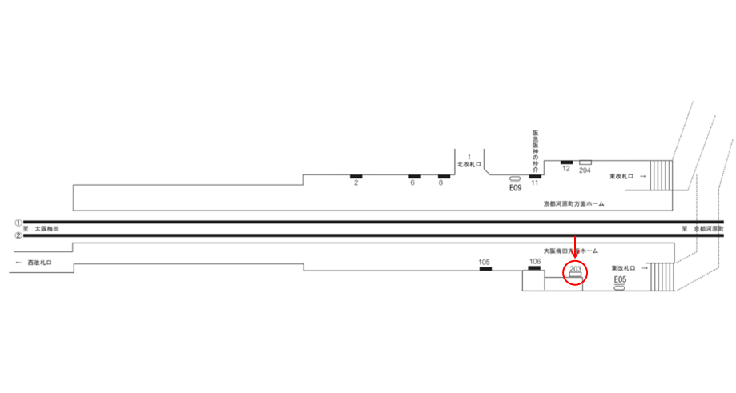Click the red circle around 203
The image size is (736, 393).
click(575, 272)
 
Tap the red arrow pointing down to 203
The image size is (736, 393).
click(576, 249)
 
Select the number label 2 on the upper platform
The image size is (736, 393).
click(355, 183)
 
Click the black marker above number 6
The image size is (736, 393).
click(415, 176)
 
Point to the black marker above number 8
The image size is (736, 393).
click(444, 176)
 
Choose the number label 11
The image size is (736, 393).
click(534, 184)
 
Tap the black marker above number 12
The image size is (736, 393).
click(566, 162)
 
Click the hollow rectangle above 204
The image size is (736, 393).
click(585, 162)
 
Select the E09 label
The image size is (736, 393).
click(515, 188)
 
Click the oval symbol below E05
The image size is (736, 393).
click(619, 287)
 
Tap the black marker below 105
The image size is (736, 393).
click(485, 268)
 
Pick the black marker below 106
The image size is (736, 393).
click(535, 268)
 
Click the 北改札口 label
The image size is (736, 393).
click(469, 164)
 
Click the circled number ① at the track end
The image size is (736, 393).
click(18, 222)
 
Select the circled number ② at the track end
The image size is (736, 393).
click(18, 235)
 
